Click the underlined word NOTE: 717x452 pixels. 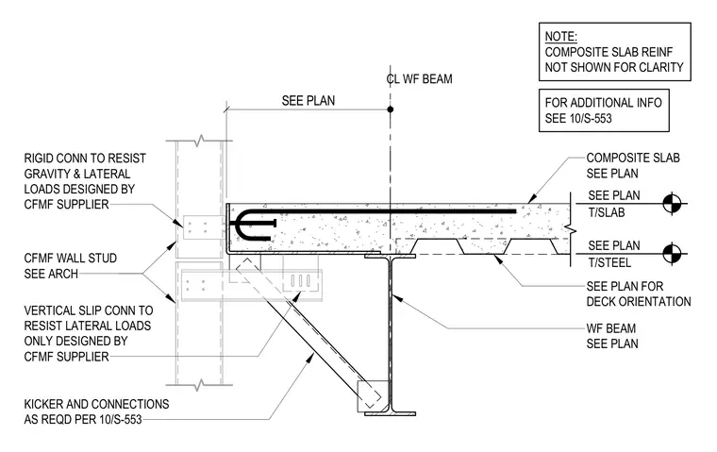(x=560, y=37)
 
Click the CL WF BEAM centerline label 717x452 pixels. (x=419, y=78)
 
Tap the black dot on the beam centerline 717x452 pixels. (x=390, y=109)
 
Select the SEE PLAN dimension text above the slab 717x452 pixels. (x=308, y=101)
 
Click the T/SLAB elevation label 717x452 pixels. (x=607, y=212)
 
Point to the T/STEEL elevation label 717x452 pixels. (x=609, y=262)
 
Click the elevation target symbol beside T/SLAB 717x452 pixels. (x=672, y=203)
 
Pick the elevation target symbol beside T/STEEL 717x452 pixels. (x=672, y=254)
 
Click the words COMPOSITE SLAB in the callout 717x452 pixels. (x=633, y=158)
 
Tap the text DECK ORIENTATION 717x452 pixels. (x=639, y=301)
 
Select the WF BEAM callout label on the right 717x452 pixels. (x=611, y=328)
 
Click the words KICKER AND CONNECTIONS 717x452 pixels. (x=96, y=404)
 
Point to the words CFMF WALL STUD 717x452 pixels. (x=71, y=258)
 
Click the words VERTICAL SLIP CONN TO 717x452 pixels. (x=89, y=310)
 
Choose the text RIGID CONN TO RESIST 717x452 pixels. (x=85, y=159)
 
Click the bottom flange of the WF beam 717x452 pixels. (x=390, y=413)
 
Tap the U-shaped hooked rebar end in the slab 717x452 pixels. (x=238, y=225)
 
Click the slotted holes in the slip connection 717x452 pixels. (x=301, y=280)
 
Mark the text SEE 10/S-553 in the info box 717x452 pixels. (x=578, y=119)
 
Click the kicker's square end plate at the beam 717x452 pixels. (x=372, y=394)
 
